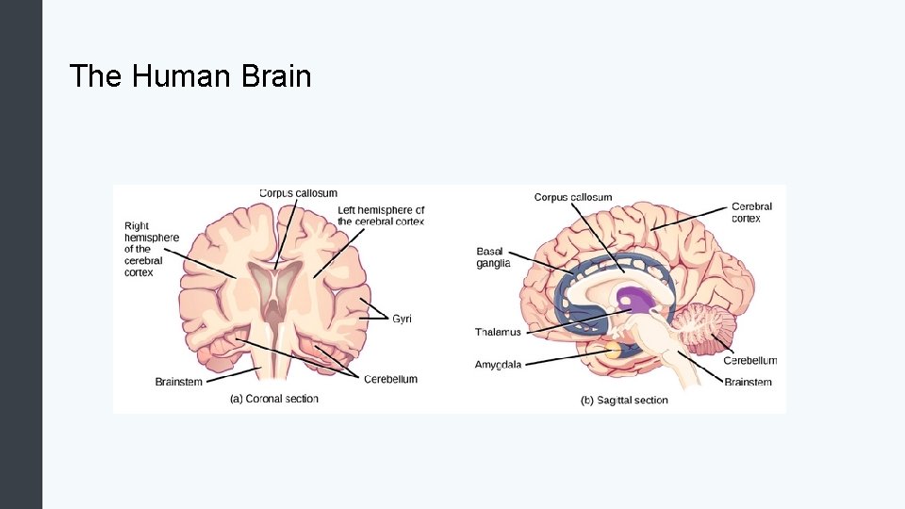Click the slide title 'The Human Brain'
click(190, 75)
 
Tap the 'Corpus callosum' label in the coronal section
click(298, 193)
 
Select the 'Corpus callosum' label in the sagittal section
click(572, 197)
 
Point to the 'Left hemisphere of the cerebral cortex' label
click(381, 216)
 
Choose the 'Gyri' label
click(402, 319)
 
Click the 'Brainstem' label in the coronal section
click(178, 382)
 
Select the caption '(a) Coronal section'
click(274, 399)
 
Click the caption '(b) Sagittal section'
click(624, 401)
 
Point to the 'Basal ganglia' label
click(492, 257)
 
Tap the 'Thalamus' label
click(498, 332)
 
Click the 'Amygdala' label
click(498, 364)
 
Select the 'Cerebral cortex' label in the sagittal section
click(751, 212)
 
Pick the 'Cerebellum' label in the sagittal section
click(749, 360)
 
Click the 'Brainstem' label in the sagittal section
click(748, 382)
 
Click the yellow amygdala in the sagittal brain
click(614, 351)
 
